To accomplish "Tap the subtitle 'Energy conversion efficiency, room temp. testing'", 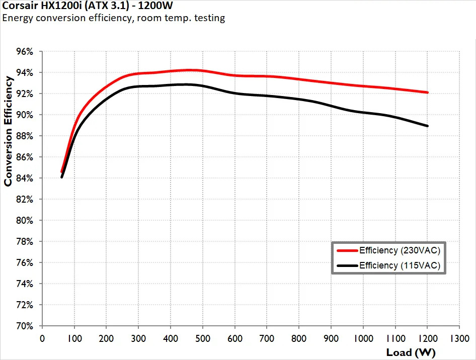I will click(114, 19).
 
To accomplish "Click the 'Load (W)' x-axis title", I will click(411, 352).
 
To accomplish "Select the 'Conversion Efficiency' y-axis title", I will click(9, 131).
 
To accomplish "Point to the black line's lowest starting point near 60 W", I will click(61, 177).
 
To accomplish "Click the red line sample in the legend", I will click(347, 250).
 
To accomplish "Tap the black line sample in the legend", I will click(347, 265).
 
